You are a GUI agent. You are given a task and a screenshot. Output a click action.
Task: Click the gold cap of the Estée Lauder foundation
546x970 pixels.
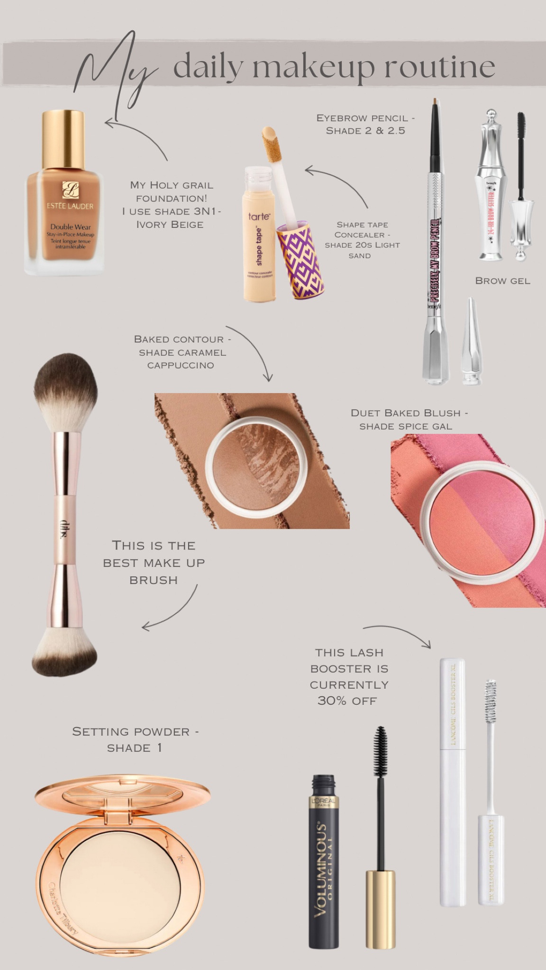point(63,139)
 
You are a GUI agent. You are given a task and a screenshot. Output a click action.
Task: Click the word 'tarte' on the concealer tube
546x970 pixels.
point(259,216)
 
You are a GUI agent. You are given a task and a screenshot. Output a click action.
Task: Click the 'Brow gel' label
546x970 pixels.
point(502,281)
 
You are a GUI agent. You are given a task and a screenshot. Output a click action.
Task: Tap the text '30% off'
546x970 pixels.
point(347,701)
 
